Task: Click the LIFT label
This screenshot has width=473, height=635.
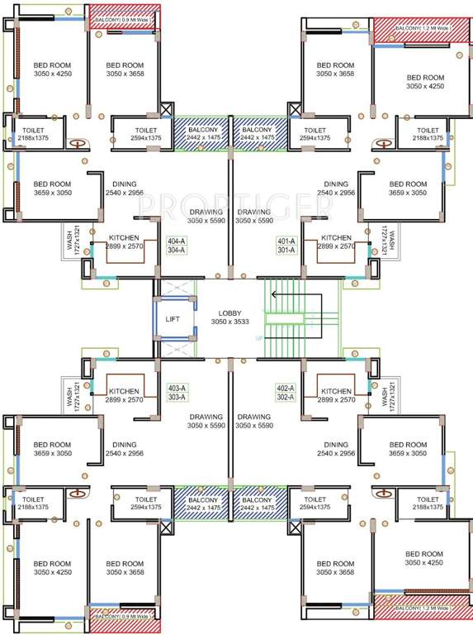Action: tap(172, 318)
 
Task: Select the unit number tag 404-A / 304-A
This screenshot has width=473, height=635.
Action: tap(177, 245)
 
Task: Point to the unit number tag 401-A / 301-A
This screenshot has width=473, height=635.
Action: tap(286, 245)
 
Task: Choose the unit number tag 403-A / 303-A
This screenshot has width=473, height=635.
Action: tap(177, 392)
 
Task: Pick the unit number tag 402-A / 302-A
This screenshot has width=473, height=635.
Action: tap(286, 392)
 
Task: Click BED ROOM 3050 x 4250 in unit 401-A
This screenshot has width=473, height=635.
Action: tap(425, 81)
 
